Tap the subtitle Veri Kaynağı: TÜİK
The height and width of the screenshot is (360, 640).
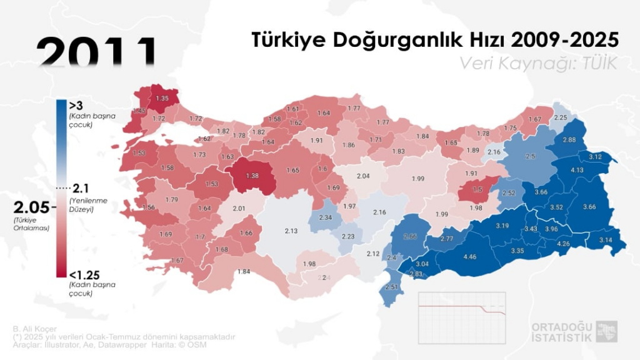pos(538,63)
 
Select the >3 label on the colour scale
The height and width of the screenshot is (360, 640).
pos(76,105)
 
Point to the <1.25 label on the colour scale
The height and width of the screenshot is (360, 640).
pos(84,274)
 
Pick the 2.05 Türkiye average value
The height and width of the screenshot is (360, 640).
pos(31,207)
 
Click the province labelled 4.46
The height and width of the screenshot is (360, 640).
pos(471,256)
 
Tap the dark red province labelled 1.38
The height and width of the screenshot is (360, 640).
pos(252,177)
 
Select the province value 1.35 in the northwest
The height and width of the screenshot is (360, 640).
pos(162,98)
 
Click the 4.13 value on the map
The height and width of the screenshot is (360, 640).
pos(577,170)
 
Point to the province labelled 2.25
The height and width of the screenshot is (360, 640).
pos(561,117)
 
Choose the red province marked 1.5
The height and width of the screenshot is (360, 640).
pos(477,189)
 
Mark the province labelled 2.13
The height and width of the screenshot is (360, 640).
pos(291,231)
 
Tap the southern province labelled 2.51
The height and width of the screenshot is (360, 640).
pos(392,287)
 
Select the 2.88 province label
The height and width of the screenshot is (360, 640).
pos(569,140)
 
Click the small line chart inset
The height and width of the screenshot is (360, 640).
pos(462,309)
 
